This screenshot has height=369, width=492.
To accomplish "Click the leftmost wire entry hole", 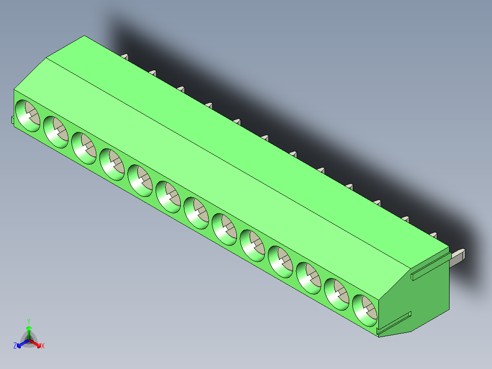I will (28, 116).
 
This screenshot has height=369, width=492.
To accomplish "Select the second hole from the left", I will (56, 132).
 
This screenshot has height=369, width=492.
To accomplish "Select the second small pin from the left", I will (153, 73).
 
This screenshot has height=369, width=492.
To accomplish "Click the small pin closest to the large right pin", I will (433, 235).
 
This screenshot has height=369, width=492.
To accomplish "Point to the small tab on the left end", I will (12, 120).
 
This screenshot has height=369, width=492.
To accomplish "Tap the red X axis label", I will (43, 346).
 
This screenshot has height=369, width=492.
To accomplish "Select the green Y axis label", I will (28, 321).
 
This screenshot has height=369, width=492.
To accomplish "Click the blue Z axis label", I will (15, 346).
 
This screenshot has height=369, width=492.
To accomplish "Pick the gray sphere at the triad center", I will (29, 339).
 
